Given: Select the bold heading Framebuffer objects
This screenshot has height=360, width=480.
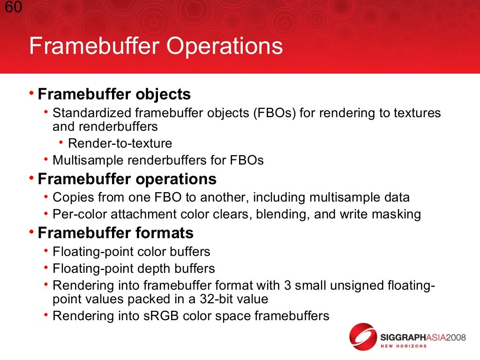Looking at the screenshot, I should coord(114,94).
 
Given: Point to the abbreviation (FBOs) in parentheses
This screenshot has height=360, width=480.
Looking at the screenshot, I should coord(275,113).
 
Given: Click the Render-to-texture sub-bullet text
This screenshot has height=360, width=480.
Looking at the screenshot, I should coord(120,143).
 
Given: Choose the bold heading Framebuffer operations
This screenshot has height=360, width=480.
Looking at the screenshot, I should coord(127,179).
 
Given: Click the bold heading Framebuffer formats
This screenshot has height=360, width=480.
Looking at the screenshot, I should coord(115,233).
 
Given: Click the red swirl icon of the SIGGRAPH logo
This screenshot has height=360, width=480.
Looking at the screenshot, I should coord(364,337).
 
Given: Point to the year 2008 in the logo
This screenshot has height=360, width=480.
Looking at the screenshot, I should coord(452,337).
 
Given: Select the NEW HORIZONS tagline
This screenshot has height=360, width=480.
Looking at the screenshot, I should coord(403,346).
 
